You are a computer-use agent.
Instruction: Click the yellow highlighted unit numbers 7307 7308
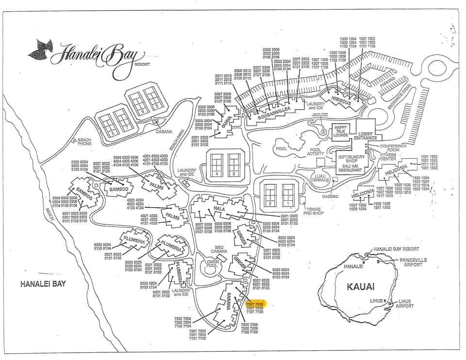tap(254, 303)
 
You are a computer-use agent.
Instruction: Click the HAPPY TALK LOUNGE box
tap(341, 131)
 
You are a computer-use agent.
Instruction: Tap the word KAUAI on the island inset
tap(360, 286)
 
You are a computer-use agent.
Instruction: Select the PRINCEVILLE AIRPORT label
tap(414, 262)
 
